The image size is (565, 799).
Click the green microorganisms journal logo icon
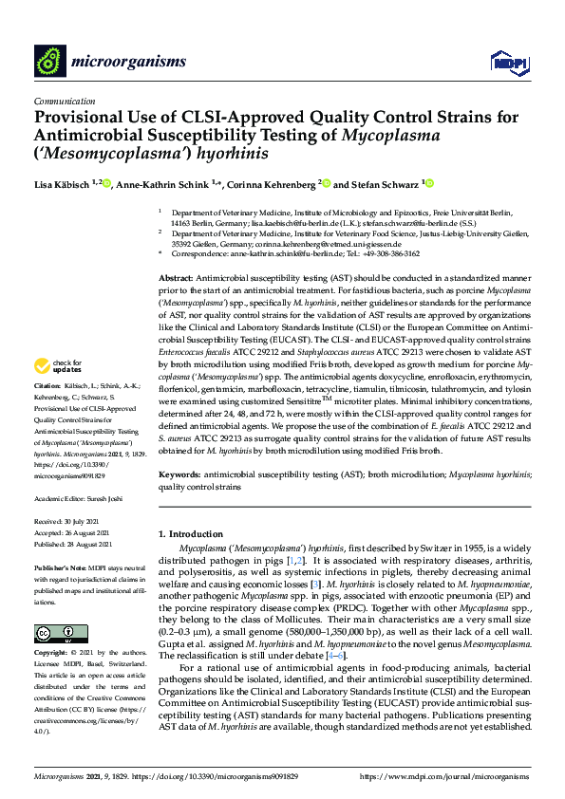tap(48, 63)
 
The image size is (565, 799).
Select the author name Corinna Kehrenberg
tap(270, 185)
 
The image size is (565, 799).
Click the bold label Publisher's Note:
tap(60, 566)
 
